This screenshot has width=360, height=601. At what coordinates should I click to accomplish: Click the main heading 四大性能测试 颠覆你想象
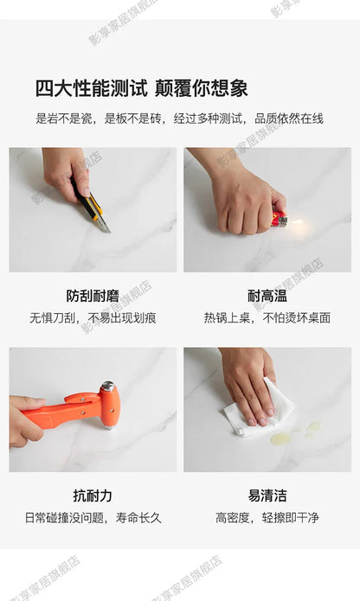click(x=141, y=88)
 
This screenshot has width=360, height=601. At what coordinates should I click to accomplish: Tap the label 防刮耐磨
click(x=93, y=296)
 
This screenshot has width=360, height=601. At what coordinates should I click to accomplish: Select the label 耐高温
click(x=267, y=296)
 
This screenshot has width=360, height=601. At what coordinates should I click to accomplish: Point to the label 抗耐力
click(x=93, y=496)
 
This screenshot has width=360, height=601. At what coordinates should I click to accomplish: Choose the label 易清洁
click(x=267, y=496)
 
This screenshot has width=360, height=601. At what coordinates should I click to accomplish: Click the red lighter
click(x=280, y=217)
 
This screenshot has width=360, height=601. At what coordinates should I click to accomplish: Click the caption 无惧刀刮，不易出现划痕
click(x=93, y=317)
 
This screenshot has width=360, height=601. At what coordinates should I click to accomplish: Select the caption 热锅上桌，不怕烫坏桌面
click(x=267, y=317)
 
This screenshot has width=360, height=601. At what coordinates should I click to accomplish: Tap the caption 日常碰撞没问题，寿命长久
click(x=93, y=518)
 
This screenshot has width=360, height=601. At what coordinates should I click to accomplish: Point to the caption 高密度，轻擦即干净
click(x=267, y=518)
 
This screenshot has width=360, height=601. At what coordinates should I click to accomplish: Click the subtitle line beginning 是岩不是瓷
click(x=179, y=118)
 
